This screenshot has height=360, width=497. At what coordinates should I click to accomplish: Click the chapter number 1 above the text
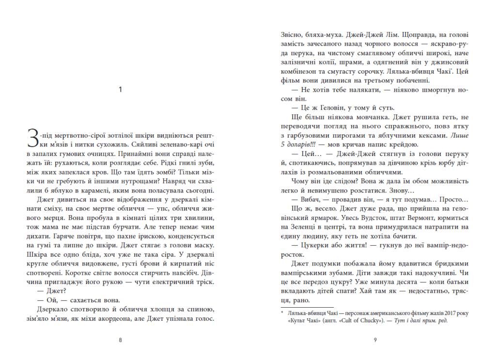pyautogui.click(x=121, y=89)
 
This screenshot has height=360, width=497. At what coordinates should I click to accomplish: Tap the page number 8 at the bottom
pyautogui.click(x=120, y=340)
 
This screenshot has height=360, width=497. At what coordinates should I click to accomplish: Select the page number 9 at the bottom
pyautogui.click(x=375, y=340)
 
